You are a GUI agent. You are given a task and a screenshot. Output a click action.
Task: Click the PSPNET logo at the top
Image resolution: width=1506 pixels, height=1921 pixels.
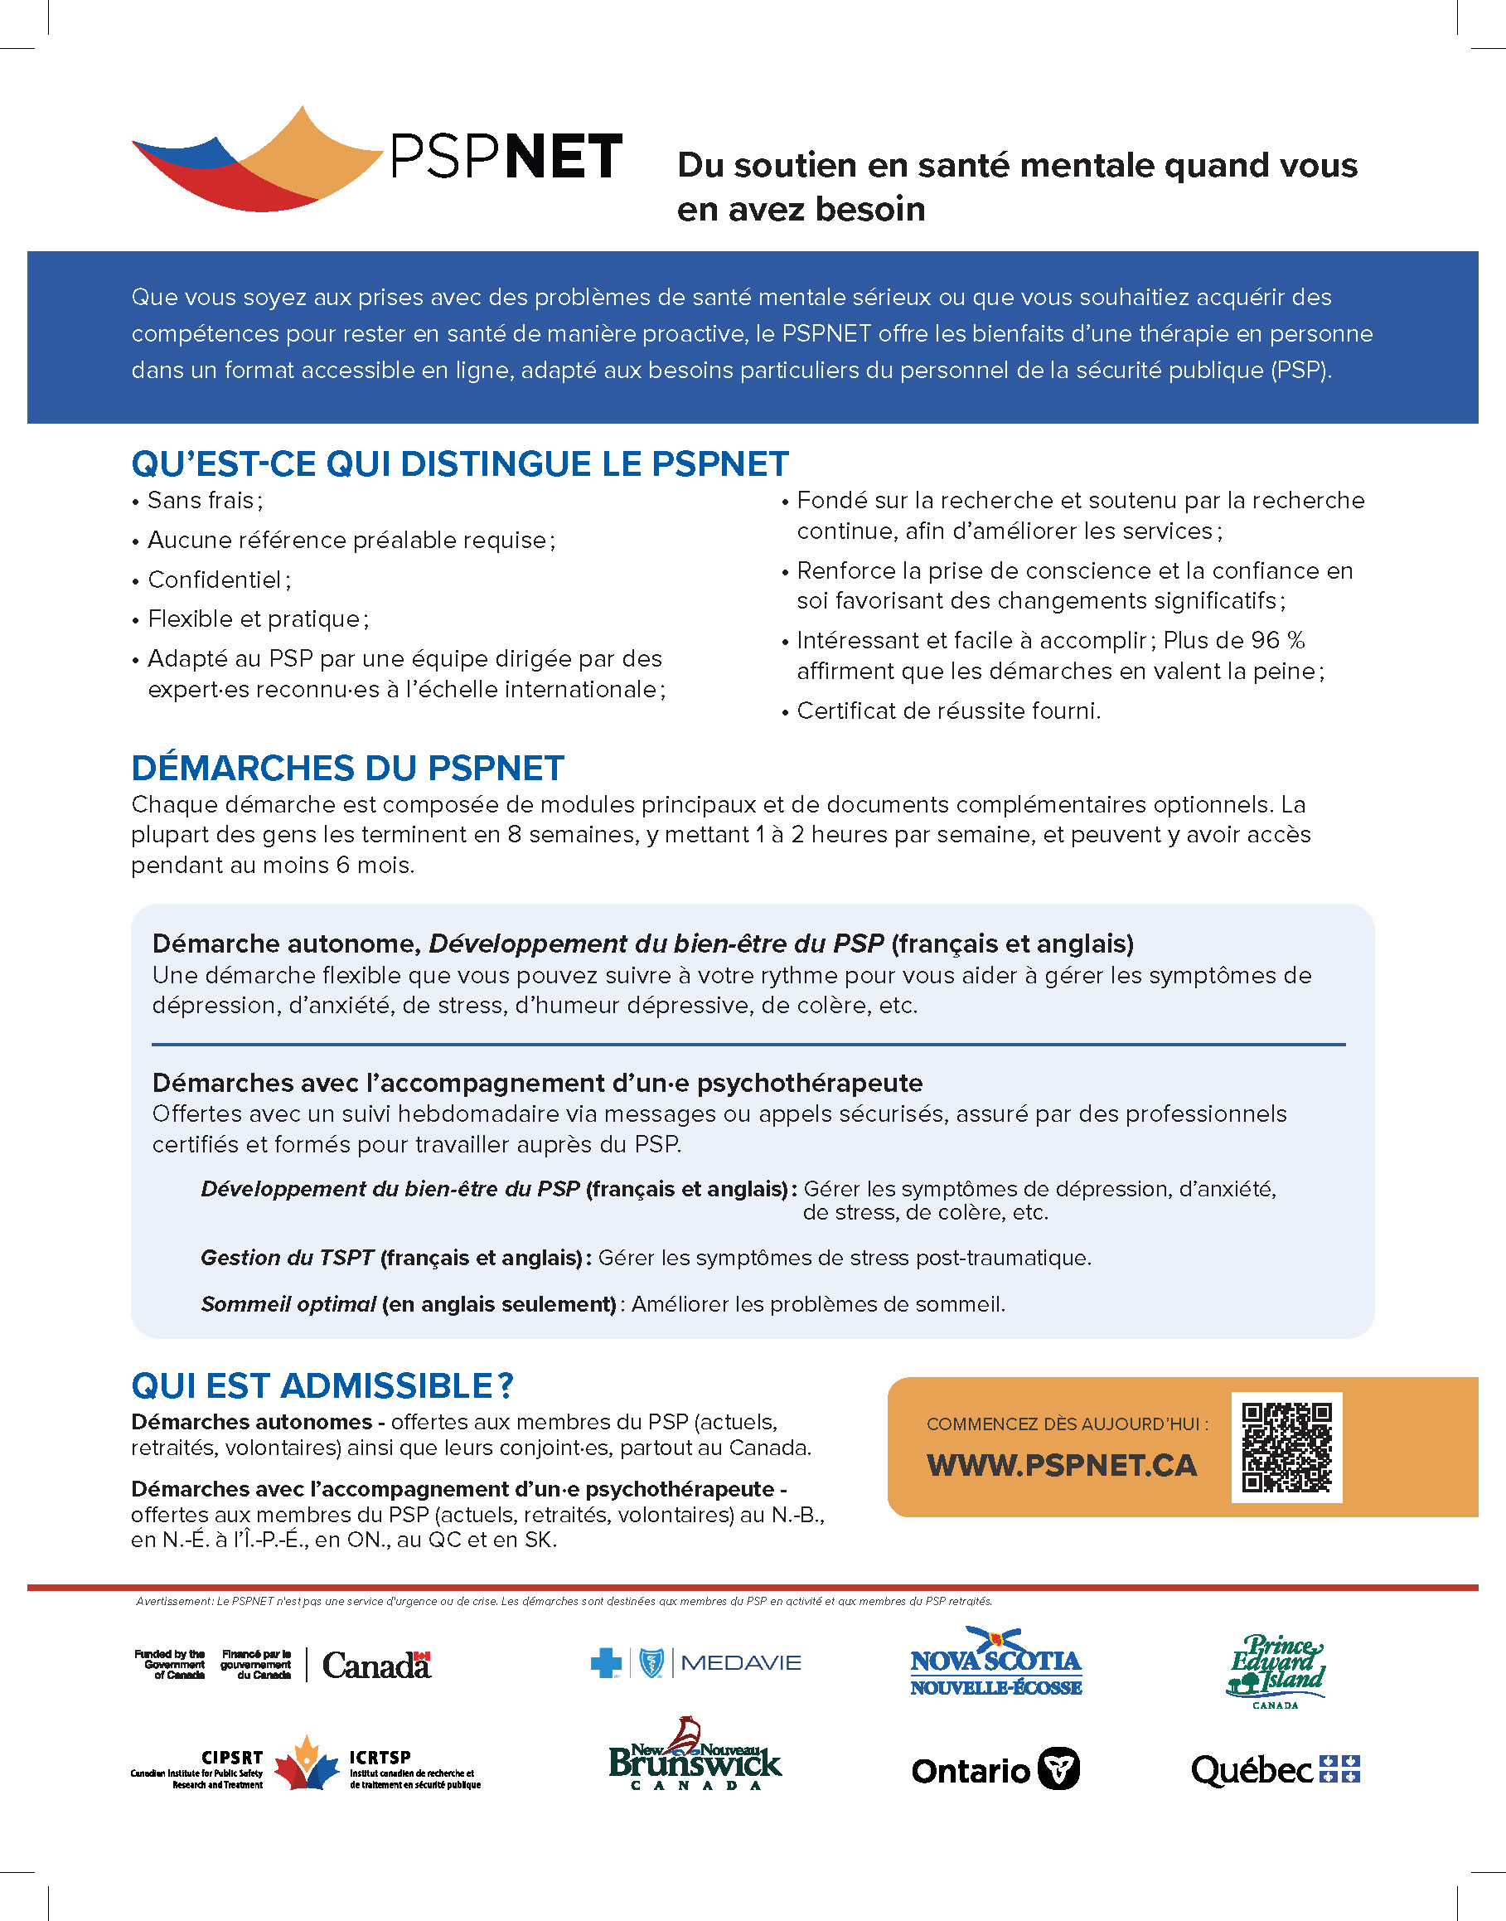(377, 158)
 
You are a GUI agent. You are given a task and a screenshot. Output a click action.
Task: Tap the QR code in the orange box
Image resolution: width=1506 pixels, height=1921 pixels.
(1286, 1447)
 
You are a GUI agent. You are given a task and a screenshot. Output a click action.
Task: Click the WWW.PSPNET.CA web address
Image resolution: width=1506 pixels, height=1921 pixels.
(1062, 1465)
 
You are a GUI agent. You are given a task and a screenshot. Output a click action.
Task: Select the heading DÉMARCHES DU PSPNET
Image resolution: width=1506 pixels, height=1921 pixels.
(347, 769)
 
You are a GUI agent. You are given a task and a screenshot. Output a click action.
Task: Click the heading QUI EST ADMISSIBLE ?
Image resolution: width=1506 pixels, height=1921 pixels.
(322, 1385)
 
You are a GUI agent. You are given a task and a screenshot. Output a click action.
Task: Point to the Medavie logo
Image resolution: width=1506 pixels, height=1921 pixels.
(695, 1663)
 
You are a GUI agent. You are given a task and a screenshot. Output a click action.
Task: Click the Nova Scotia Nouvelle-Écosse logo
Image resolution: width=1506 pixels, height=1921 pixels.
(995, 1663)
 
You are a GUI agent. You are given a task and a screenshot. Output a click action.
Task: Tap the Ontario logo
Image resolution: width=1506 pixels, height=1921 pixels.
(995, 1769)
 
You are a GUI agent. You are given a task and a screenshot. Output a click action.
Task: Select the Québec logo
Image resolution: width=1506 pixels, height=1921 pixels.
(1275, 1769)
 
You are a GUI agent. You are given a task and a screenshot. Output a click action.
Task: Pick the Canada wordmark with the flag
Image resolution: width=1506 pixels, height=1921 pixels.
(376, 1665)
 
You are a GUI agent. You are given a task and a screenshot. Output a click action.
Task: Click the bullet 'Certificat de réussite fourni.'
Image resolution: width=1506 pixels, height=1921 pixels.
(949, 711)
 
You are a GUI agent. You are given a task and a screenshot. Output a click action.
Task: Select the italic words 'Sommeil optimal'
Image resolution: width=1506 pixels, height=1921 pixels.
(288, 1303)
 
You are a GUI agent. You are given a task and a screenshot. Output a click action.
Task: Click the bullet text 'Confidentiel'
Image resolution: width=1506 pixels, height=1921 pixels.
(215, 580)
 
